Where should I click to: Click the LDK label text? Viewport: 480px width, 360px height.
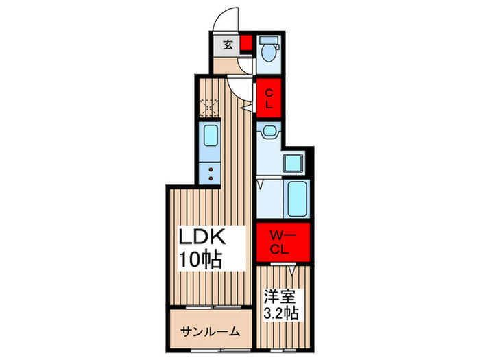202,237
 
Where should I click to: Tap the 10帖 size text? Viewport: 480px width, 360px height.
200,260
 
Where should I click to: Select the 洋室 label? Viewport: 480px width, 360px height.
280,297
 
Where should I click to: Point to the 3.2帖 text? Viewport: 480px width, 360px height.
281,313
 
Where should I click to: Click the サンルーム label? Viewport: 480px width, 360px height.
210,331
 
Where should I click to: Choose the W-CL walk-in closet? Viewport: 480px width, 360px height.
283,242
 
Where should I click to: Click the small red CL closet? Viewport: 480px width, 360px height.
269,98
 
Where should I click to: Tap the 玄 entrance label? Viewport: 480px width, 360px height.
228,45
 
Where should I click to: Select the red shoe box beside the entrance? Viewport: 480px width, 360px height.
245,43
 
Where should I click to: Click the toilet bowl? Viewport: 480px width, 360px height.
269,52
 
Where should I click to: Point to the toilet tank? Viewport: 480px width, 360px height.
269,40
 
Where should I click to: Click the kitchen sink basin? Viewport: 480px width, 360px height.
211,136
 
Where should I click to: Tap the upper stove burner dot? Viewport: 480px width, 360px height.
211,169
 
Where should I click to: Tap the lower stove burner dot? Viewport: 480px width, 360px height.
211,178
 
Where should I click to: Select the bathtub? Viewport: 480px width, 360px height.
297,198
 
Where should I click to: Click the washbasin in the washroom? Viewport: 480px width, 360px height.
269,132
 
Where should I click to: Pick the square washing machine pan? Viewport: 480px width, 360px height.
293,163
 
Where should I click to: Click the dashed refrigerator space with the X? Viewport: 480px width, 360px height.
209,108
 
